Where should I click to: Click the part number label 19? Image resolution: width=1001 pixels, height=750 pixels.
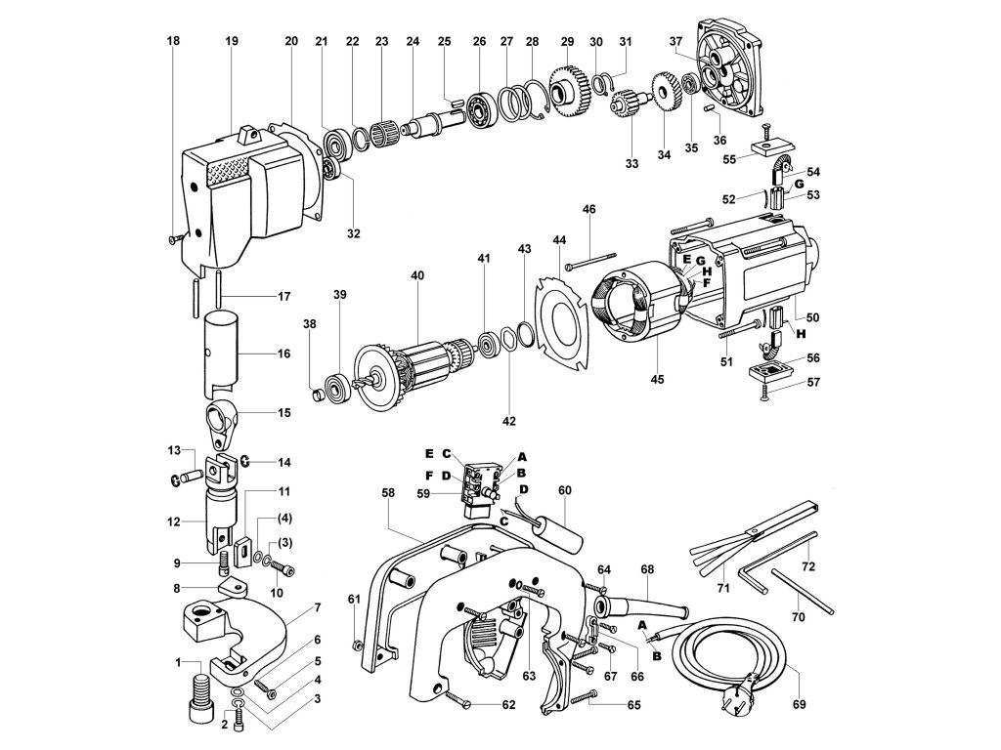232,41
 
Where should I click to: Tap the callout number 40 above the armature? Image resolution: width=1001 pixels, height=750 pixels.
417,276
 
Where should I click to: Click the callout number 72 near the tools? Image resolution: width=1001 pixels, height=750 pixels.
808,566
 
